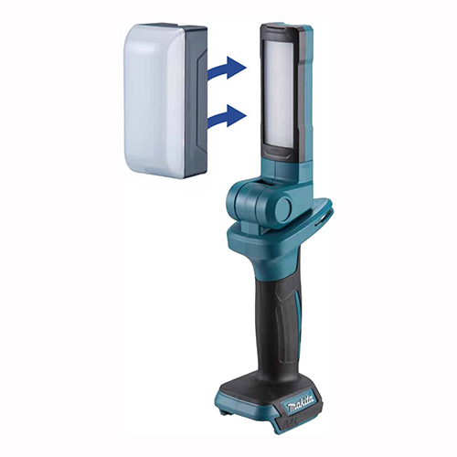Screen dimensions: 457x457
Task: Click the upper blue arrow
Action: (227, 69)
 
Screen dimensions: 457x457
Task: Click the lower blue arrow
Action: (227, 117)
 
